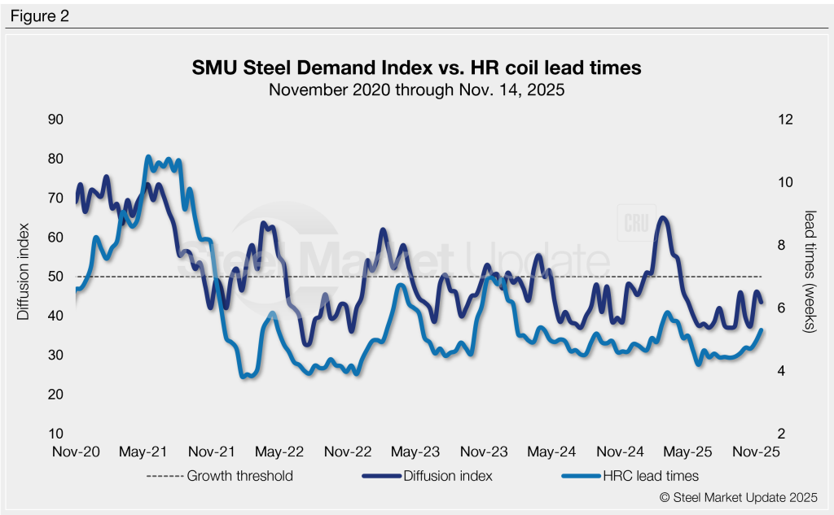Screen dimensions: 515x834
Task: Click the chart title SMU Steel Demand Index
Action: (416, 68)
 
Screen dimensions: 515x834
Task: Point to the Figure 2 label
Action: (40, 15)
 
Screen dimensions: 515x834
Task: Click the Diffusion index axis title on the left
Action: (24, 270)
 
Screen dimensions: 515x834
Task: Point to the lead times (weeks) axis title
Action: (810, 272)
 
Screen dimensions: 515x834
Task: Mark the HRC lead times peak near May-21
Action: (148, 156)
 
